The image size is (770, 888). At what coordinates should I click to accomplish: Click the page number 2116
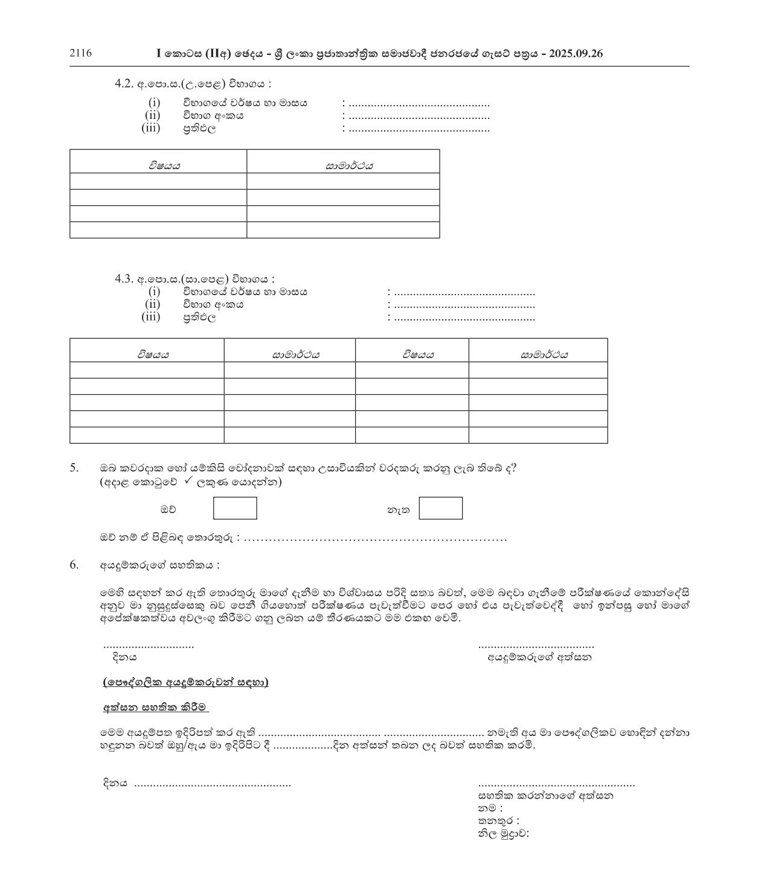coord(81,53)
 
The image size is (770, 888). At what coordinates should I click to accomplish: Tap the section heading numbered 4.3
coord(194,279)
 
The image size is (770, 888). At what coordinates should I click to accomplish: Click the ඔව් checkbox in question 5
coord(235,508)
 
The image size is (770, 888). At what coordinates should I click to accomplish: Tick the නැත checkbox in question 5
coord(441,508)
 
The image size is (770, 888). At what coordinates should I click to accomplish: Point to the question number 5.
coord(74,467)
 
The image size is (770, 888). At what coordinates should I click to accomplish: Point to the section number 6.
coord(74,565)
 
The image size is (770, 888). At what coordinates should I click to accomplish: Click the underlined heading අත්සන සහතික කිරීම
coord(155,707)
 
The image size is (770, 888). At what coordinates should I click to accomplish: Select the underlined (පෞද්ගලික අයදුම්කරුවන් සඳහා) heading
coord(185,682)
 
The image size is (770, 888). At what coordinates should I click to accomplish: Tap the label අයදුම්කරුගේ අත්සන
coord(539,657)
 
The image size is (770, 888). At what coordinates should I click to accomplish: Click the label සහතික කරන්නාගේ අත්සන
coord(546,796)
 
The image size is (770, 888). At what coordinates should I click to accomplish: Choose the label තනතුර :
coord(499,821)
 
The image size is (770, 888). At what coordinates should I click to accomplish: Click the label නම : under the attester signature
coord(490,808)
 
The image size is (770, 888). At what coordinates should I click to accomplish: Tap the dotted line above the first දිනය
coord(149,646)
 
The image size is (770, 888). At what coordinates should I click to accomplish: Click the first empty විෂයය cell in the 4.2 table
coord(158,181)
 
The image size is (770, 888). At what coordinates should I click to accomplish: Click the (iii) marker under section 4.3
coord(151,317)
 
